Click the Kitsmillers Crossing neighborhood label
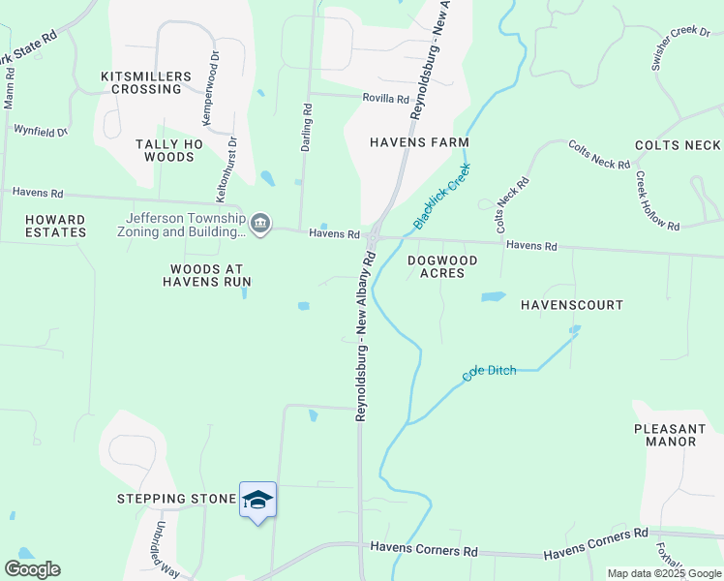(x=140, y=82)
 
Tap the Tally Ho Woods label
(x=169, y=150)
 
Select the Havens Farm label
(x=419, y=142)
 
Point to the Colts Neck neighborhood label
(x=678, y=145)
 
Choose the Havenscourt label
(x=572, y=305)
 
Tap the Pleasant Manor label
(x=665, y=435)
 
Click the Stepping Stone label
(x=176, y=499)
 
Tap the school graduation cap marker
(x=257, y=500)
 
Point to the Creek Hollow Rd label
(x=657, y=200)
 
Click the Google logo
(x=32, y=569)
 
